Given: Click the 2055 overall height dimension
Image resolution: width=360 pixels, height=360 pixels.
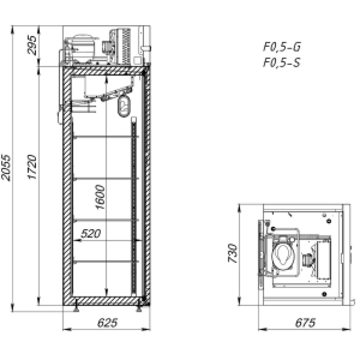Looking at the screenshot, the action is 6,168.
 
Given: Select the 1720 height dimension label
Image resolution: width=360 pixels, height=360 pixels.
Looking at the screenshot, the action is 32,167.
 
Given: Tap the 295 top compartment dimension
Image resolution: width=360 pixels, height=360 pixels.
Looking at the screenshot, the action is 32,45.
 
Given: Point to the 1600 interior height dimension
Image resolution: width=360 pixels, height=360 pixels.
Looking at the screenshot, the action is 100,197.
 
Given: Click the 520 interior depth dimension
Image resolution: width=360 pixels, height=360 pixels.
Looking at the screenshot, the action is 91,234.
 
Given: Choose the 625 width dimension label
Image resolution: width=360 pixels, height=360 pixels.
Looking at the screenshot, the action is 108,322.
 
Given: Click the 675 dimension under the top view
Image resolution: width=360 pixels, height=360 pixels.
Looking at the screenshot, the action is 306,322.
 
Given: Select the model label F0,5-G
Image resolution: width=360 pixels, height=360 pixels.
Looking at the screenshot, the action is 282,47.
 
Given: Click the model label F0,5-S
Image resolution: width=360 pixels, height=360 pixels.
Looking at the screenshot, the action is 282,62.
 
